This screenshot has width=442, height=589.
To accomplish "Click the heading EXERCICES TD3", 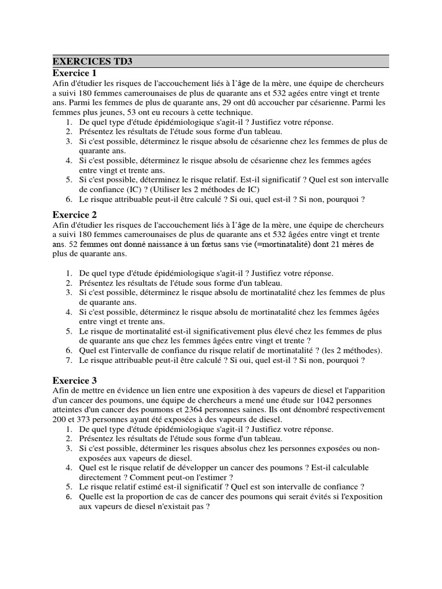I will point(87,61).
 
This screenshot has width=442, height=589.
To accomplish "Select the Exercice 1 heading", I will point(75,73).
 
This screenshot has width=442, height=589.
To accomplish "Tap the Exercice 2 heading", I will point(75,215).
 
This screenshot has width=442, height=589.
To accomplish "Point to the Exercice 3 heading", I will point(75,380).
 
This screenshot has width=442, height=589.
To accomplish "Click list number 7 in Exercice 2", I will point(68,361).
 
